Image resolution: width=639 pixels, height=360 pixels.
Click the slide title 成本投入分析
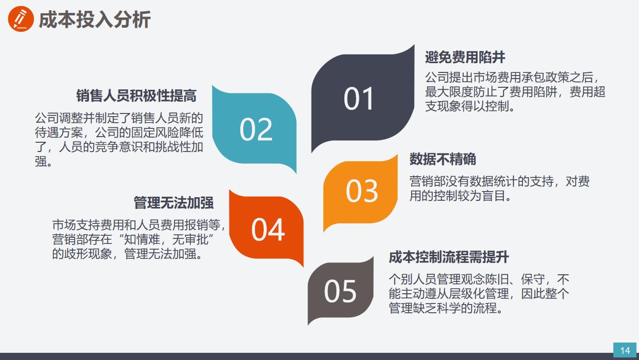click(x=94, y=20)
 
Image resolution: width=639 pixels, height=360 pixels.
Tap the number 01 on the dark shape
click(x=359, y=99)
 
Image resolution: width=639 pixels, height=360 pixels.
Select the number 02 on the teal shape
click(x=256, y=129)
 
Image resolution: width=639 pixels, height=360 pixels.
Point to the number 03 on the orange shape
click(x=362, y=191)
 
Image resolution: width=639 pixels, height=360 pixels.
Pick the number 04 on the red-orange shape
click(x=267, y=230)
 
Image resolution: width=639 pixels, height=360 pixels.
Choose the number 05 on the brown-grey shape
click(x=340, y=292)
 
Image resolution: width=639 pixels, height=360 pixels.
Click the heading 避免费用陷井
click(x=465, y=57)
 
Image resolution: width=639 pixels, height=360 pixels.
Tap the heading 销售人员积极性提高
click(x=136, y=96)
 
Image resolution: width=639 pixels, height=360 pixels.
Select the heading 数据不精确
click(x=442, y=159)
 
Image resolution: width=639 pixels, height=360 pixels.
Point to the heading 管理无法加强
click(x=173, y=202)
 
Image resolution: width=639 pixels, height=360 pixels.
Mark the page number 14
click(x=625, y=350)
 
